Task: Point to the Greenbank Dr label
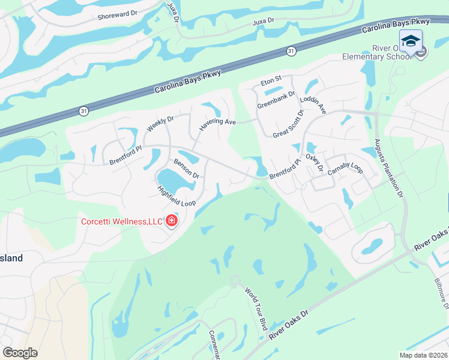tap(277, 100)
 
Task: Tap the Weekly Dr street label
tap(160, 124)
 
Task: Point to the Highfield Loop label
tap(176, 196)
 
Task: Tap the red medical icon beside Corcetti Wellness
tap(172, 222)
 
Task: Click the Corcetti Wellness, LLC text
tap(122, 222)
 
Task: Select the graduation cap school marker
tap(411, 41)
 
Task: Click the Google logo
tap(20, 353)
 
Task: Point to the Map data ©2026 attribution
tap(423, 355)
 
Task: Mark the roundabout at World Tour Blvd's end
tap(236, 280)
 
